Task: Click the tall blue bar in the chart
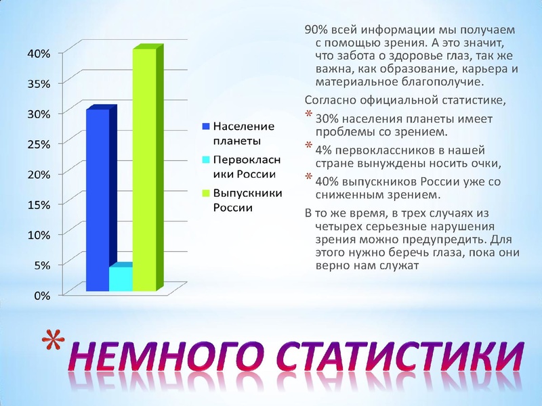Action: [x=98, y=200]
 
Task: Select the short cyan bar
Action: [x=121, y=279]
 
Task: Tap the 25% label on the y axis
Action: [x=38, y=143]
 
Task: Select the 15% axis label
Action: [x=38, y=204]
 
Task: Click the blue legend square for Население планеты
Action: [x=206, y=127]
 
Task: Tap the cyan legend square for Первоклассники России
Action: [x=206, y=160]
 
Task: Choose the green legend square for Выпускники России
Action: [x=206, y=194]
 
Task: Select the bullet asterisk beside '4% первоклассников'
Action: [x=310, y=146]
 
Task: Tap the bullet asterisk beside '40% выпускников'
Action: [x=310, y=178]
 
